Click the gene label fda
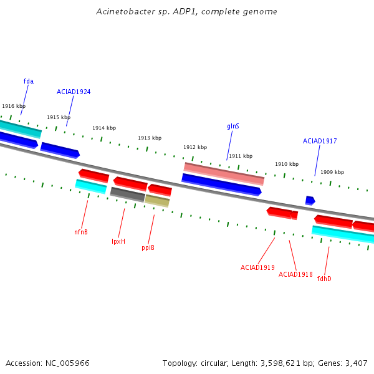[x=29, y=81]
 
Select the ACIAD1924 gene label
[x=74, y=92]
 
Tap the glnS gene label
[x=233, y=126]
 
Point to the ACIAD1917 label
[x=320, y=141]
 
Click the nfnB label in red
[x=81, y=232]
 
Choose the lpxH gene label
[x=118, y=241]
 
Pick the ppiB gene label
[x=148, y=248]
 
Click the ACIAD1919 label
[x=257, y=267]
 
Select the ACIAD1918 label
[x=295, y=274]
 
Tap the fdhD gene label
[x=324, y=279]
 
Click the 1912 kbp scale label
[x=195, y=147]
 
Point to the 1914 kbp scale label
[x=104, y=128]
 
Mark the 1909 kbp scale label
[x=332, y=172]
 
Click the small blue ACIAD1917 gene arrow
[x=310, y=201]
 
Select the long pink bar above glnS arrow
[x=224, y=174]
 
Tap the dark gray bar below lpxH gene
[x=128, y=194]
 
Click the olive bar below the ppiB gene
[x=157, y=201]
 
